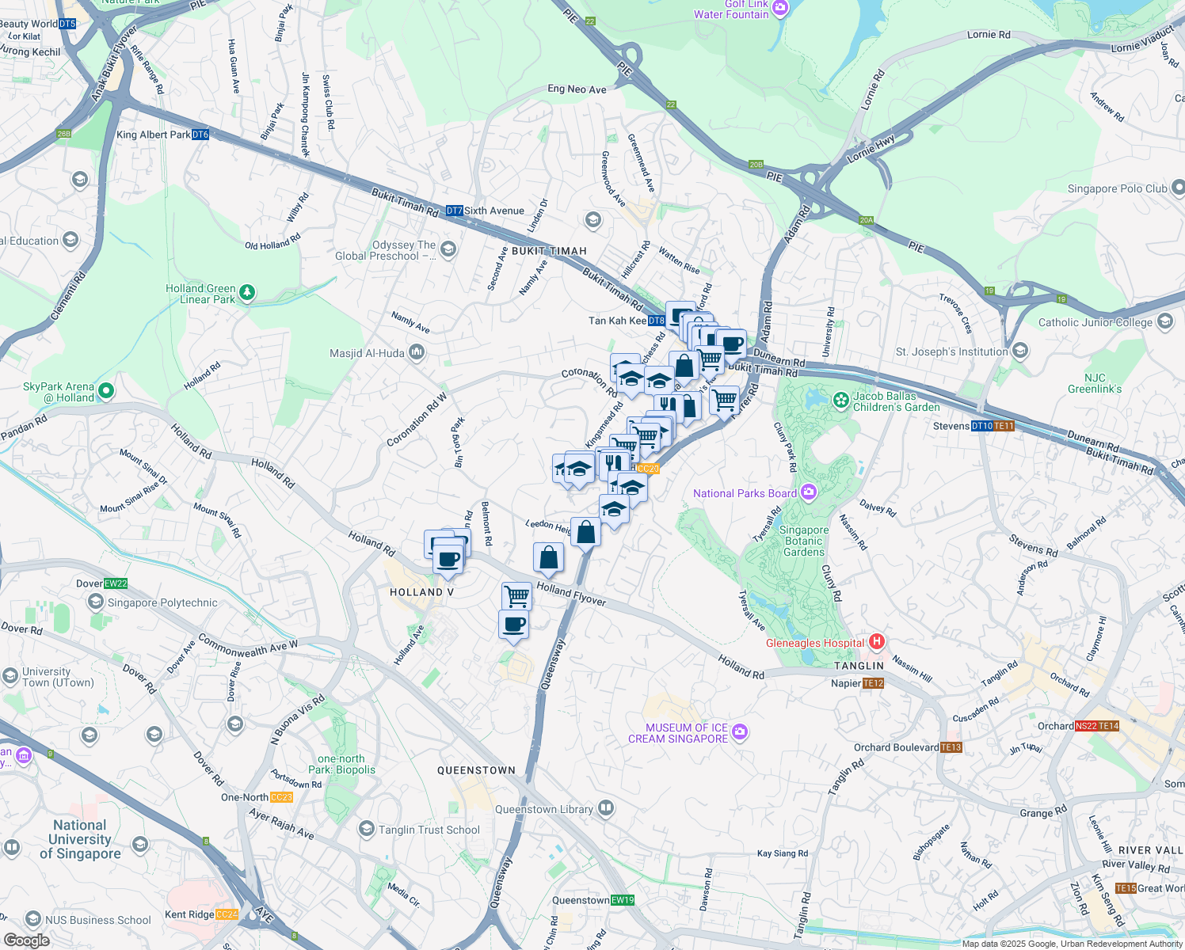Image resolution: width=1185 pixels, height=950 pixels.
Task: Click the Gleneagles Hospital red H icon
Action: [x=876, y=642]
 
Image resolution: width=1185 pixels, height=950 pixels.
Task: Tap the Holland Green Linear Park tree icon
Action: [x=247, y=294]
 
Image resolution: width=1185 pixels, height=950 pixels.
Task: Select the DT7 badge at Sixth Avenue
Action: [x=454, y=211]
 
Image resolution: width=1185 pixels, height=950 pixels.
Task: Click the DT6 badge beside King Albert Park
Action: [x=200, y=135]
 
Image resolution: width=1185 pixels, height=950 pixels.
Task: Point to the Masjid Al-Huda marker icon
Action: [x=417, y=353]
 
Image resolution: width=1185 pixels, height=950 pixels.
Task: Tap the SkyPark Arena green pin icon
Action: [x=107, y=391]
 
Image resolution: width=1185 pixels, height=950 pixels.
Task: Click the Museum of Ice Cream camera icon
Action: [x=740, y=732]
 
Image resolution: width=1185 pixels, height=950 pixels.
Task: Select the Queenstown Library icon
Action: [x=606, y=808]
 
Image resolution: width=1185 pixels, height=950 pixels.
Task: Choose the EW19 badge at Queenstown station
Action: [x=623, y=900]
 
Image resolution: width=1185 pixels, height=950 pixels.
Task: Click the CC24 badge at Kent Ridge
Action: [x=227, y=914]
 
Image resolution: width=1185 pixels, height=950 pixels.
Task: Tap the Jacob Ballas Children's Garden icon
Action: [x=840, y=401]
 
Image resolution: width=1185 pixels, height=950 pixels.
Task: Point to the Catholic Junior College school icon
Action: [x=1164, y=321]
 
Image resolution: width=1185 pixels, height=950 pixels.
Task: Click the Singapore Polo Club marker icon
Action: [x=1178, y=188]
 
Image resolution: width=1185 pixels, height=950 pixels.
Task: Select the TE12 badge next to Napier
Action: [x=873, y=683]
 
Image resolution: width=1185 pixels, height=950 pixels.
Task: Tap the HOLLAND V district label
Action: [x=421, y=592]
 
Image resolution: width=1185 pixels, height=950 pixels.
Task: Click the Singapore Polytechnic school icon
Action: [x=96, y=602]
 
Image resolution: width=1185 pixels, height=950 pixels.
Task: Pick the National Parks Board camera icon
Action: [x=808, y=492]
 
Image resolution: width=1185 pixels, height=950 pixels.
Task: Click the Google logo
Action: [x=27, y=940]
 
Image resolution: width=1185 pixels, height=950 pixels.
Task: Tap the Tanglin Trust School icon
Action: [x=367, y=829]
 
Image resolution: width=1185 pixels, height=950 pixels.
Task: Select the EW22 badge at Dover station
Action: [x=116, y=583]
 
